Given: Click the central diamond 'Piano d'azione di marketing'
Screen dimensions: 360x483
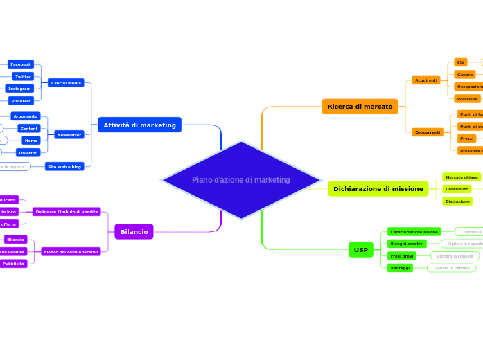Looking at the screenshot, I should (x=240, y=180).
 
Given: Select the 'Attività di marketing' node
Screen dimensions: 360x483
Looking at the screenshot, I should (x=139, y=125).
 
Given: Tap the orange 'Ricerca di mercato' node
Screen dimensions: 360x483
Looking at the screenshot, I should (x=360, y=107).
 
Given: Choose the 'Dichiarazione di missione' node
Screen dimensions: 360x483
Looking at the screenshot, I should (x=378, y=189).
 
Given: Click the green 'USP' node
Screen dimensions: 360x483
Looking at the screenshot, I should (x=360, y=250).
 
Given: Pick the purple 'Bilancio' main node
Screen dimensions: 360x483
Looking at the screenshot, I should (x=134, y=232).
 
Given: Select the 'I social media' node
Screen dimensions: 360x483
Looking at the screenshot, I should (x=66, y=83).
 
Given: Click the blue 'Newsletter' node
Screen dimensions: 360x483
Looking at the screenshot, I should (x=69, y=135).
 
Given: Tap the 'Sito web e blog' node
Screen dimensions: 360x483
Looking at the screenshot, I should (x=64, y=167).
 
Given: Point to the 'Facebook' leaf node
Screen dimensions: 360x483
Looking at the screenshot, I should (x=20, y=64).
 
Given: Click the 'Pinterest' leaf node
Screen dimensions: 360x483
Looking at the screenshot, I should (x=21, y=101).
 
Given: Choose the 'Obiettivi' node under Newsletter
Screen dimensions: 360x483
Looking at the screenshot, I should (x=28, y=152).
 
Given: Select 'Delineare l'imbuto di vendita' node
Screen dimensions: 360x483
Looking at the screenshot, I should (x=67, y=212).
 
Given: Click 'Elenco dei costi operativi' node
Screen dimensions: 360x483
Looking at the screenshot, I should (x=71, y=252).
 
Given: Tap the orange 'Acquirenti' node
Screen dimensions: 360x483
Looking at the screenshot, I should (x=426, y=80).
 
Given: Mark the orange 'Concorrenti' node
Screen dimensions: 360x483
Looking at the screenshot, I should (x=428, y=132).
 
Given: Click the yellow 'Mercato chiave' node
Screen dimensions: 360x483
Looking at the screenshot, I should (x=462, y=177).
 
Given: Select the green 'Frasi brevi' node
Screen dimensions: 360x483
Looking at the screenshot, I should (x=402, y=256).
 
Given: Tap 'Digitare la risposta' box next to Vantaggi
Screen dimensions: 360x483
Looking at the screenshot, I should (x=451, y=268).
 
